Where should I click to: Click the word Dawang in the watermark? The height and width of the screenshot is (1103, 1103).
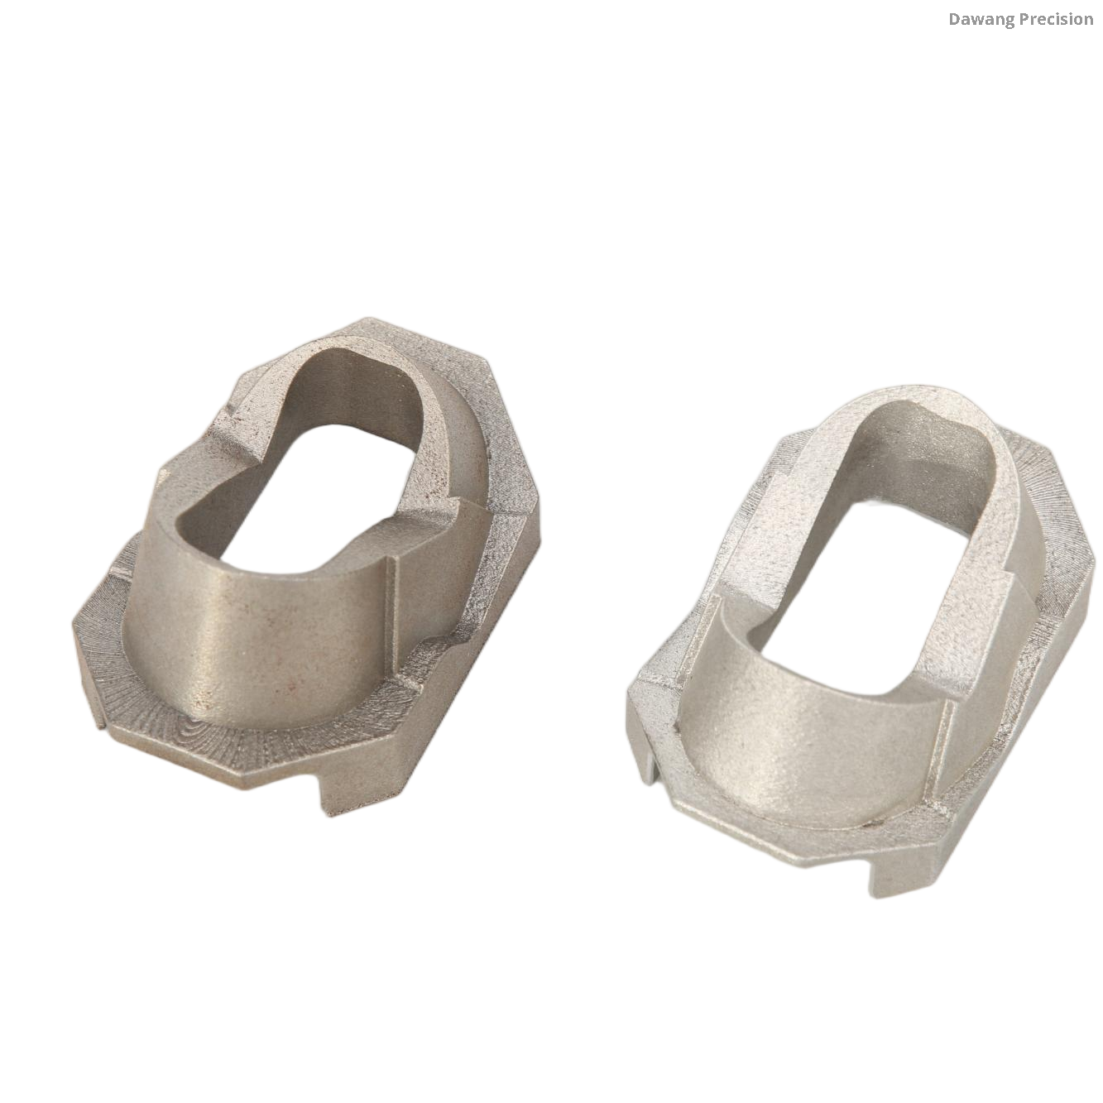coord(976,19)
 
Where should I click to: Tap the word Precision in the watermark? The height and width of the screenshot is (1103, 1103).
coord(1051,19)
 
